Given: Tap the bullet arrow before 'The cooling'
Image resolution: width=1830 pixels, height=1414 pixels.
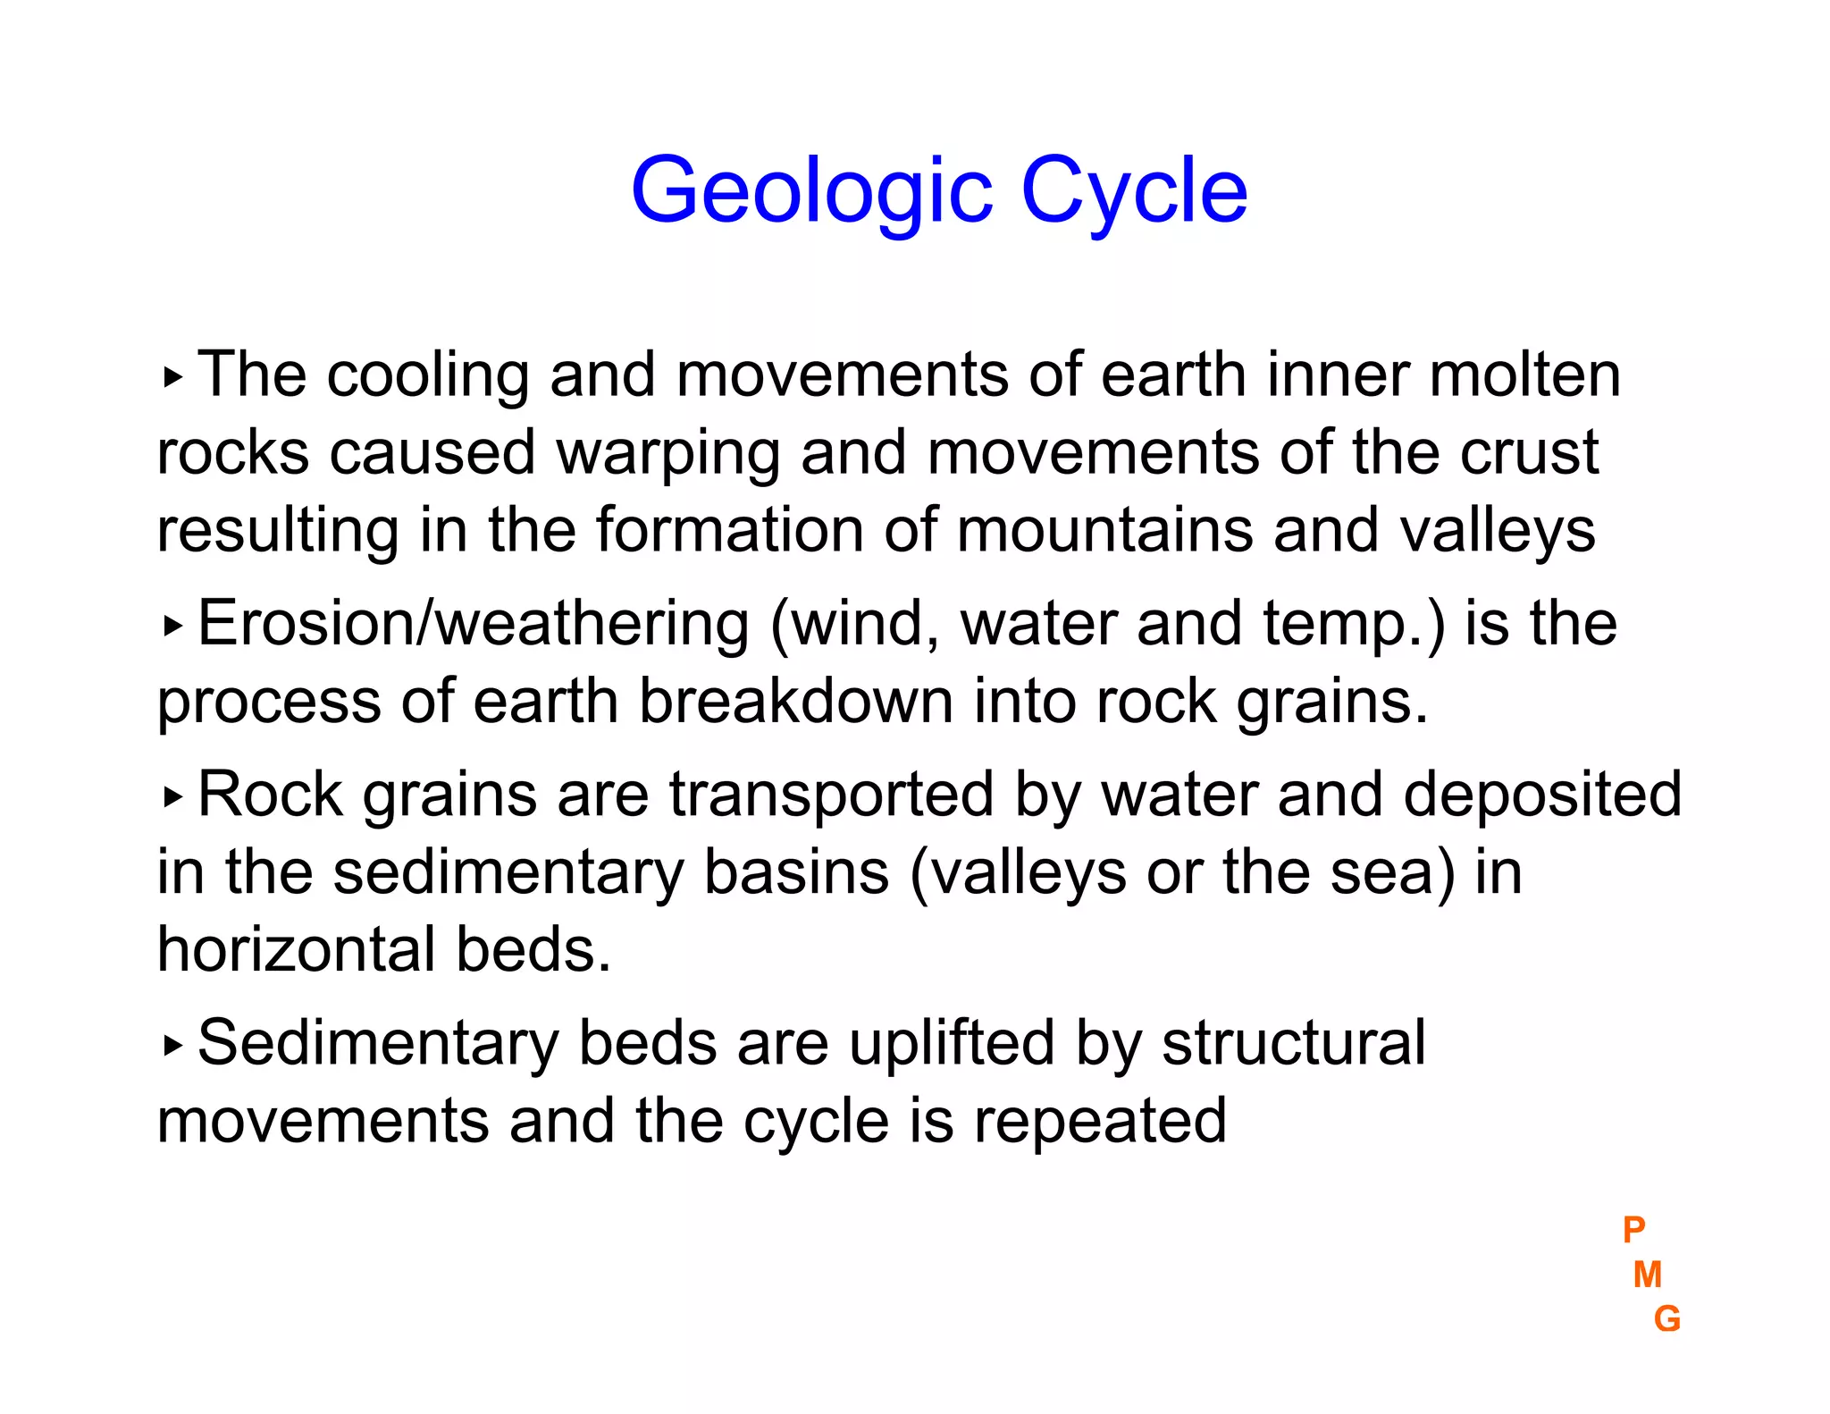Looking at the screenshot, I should click(172, 378).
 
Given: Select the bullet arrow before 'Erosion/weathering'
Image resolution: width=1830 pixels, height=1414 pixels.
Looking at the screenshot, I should click(172, 627).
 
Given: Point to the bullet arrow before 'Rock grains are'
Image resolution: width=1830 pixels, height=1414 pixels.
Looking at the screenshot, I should click(172, 796).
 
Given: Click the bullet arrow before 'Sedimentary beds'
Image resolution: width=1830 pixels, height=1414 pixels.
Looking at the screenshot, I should click(172, 1045).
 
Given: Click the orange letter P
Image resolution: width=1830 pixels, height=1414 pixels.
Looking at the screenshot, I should click(1633, 1230).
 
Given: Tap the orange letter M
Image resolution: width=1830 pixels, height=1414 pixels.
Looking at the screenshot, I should click(1647, 1275).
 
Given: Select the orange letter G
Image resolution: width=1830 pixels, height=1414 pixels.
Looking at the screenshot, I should click(1666, 1319).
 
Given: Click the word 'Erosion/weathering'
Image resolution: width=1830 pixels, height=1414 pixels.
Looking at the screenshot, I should click(473, 624).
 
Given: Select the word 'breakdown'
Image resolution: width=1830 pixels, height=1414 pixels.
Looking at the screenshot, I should click(795, 702).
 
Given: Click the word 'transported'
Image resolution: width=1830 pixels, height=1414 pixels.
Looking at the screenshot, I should click(831, 795).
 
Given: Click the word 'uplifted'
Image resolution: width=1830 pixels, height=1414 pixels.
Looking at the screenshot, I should click(951, 1044).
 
